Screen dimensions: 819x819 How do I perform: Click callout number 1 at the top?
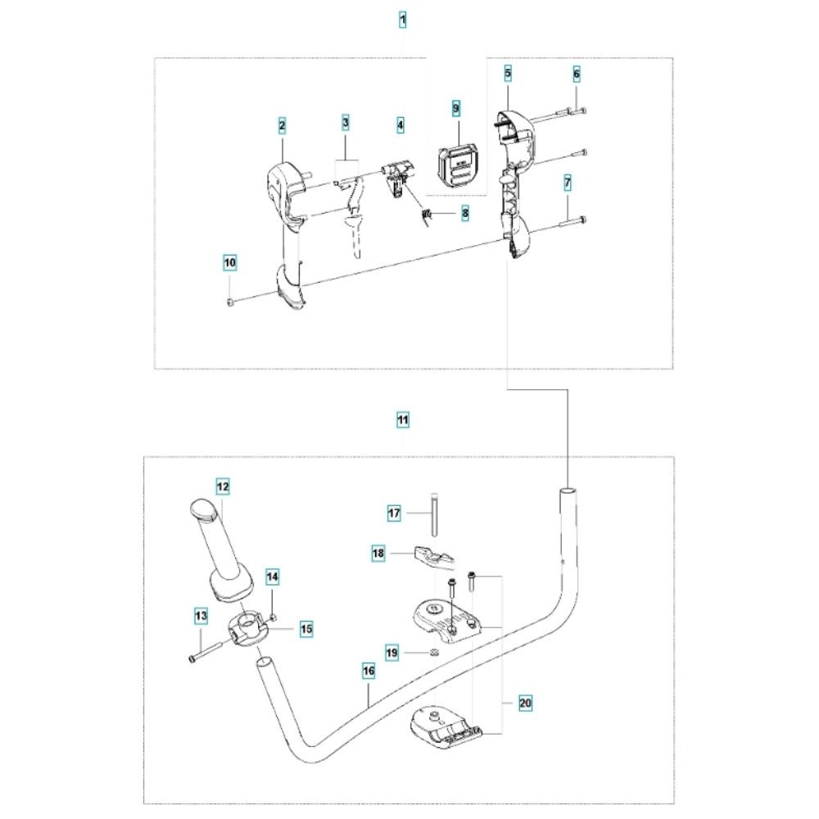(402, 20)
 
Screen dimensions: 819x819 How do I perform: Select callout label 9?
(456, 109)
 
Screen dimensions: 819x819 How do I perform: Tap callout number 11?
(403, 420)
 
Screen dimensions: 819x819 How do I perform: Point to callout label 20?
(525, 703)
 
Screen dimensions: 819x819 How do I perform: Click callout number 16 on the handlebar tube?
(369, 671)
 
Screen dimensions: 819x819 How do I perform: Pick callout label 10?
(230, 262)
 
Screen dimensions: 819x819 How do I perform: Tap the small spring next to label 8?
(428, 215)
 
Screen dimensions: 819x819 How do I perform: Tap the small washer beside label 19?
(433, 652)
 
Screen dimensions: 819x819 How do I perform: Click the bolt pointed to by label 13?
(205, 651)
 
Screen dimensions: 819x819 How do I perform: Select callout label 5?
(509, 73)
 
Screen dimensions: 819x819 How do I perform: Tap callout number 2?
(282, 125)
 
